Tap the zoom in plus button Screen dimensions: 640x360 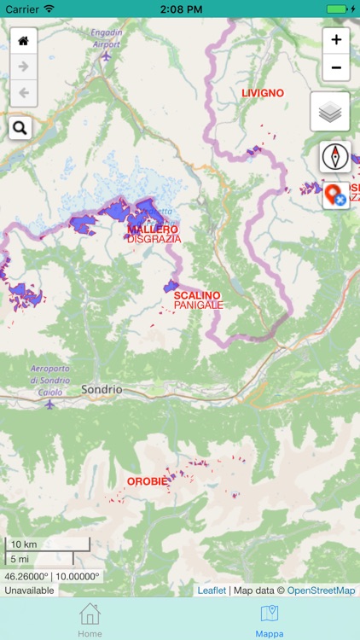[336, 40]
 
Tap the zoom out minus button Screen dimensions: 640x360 [336, 67]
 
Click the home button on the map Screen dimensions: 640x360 [23, 41]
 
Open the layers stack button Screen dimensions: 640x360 [329, 112]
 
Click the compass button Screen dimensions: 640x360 [334, 157]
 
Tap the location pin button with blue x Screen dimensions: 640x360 [335, 195]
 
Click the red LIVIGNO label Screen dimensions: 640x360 [262, 93]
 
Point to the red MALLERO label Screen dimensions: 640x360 [153, 230]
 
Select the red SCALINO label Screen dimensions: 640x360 [197, 295]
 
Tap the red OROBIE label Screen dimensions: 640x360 [148, 481]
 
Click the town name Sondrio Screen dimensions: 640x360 [102, 389]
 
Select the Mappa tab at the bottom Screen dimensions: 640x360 [270, 619]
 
